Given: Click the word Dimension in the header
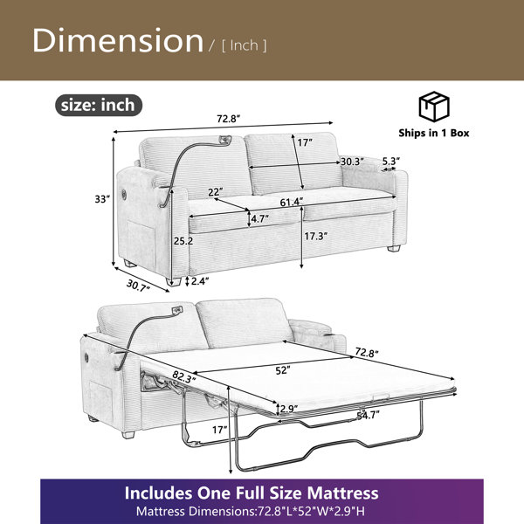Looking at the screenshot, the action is click(118, 40).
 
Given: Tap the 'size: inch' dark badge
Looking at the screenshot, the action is click(99, 106).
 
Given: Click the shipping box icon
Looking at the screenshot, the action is click(434, 107).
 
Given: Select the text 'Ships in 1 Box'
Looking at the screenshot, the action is click(434, 133).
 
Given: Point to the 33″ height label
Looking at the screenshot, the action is click(102, 199).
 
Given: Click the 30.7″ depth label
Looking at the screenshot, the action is click(138, 286).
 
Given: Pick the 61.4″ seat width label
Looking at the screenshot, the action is click(292, 202).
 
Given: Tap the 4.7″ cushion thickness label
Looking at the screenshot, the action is click(259, 219).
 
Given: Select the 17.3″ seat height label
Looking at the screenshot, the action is click(315, 237).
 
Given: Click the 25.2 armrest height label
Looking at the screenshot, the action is click(183, 241).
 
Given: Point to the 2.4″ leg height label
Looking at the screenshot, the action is click(199, 281).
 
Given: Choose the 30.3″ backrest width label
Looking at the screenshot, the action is click(352, 162).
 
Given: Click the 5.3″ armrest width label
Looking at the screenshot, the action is click(391, 161).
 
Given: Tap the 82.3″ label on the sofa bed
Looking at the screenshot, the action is click(183, 377).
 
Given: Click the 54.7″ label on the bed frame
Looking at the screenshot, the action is click(369, 416).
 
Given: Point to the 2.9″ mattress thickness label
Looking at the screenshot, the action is click(289, 409).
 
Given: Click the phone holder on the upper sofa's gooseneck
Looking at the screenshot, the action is click(225, 140).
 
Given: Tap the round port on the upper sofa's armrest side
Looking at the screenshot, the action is click(124, 194).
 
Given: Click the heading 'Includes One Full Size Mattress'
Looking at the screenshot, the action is click(252, 493).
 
